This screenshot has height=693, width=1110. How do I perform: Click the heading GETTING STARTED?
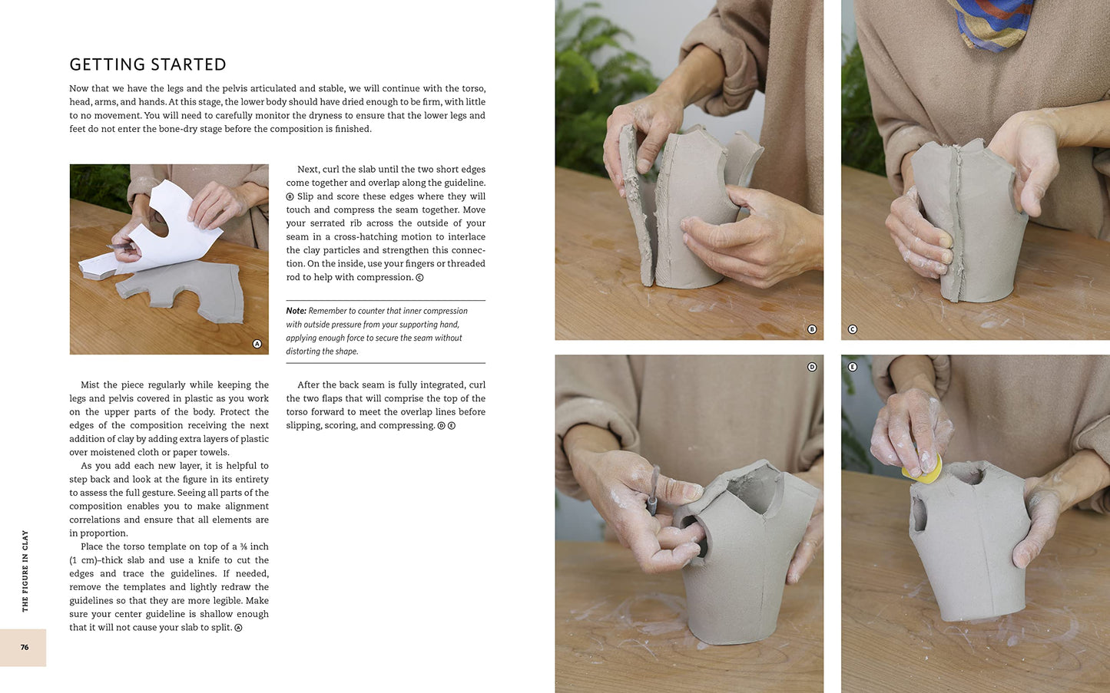[x=147, y=64]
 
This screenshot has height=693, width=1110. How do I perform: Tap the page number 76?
[x=25, y=647]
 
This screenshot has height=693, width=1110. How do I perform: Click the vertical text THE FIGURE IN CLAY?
[x=25, y=570]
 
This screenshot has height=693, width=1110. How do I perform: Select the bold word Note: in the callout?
[x=296, y=311]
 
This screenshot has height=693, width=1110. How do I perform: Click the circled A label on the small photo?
[x=257, y=344]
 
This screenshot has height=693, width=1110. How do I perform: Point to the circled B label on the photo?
[x=812, y=329]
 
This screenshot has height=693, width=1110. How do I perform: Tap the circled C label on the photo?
[x=852, y=329]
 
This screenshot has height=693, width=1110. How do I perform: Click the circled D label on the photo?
[x=812, y=367]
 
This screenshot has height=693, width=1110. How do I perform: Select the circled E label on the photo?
[x=852, y=367]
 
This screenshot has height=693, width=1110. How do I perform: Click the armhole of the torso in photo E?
[x=919, y=513]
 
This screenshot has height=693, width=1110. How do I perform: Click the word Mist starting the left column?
[x=90, y=385]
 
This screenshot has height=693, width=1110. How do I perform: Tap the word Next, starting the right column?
[x=308, y=170]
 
